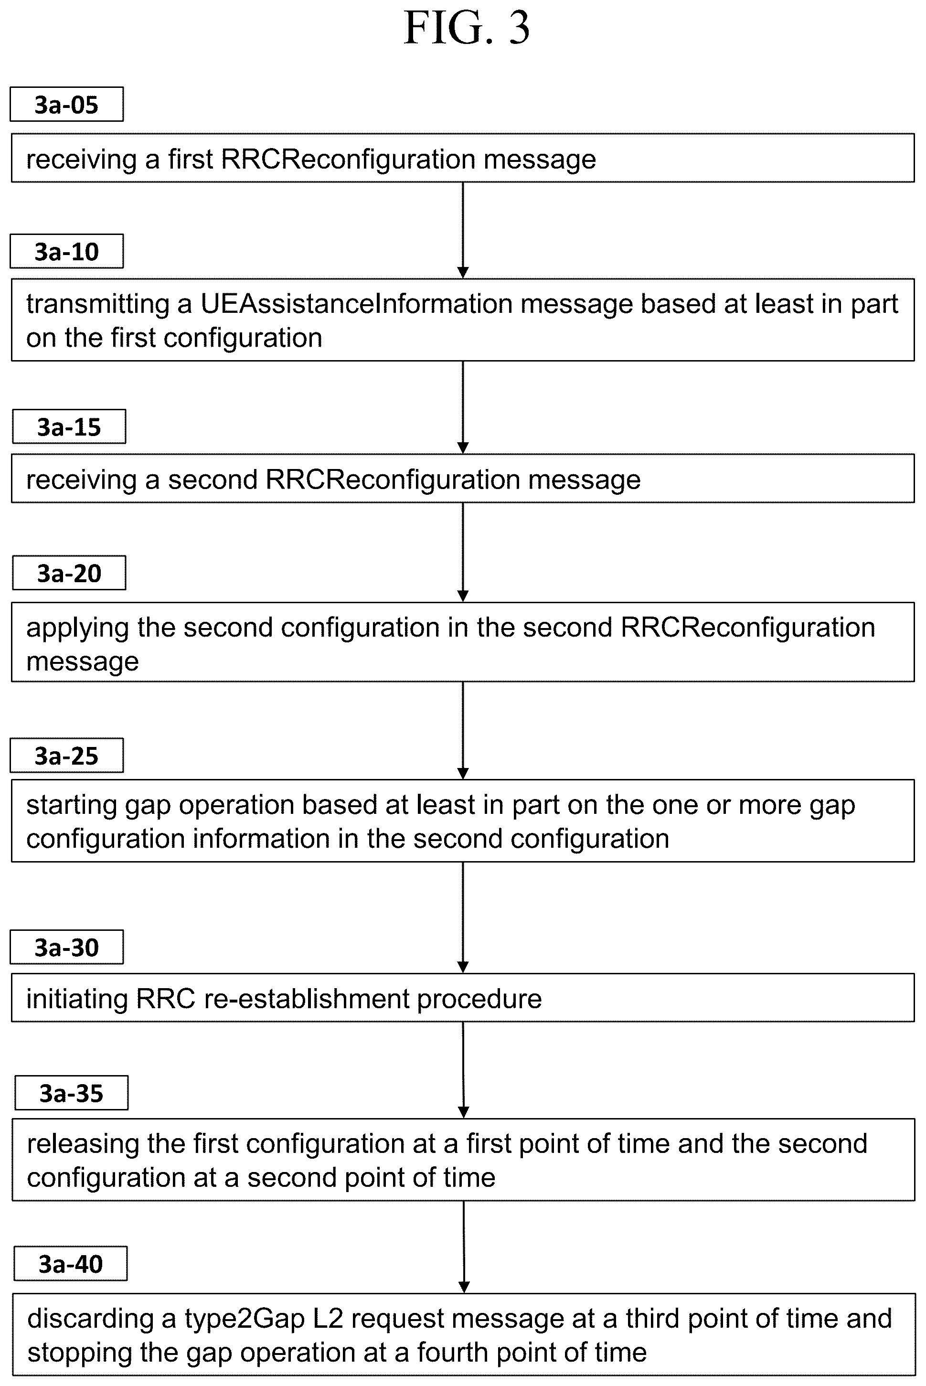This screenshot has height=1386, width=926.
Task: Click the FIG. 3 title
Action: (x=467, y=28)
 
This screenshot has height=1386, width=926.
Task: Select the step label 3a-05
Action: (x=67, y=105)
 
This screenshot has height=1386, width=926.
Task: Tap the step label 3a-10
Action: (x=67, y=252)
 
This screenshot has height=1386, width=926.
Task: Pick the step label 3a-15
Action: (x=69, y=426)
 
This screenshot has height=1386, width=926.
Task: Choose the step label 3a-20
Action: (x=69, y=573)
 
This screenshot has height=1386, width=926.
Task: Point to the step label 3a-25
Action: (x=67, y=755)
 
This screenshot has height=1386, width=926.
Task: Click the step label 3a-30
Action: (x=67, y=947)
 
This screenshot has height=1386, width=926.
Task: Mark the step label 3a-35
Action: (x=72, y=1093)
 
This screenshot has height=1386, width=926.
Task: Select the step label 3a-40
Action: (x=71, y=1264)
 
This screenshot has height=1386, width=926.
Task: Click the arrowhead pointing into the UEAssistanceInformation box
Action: (x=463, y=272)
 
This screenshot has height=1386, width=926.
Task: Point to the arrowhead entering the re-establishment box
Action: (x=463, y=967)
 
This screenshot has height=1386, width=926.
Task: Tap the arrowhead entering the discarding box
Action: (x=464, y=1288)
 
